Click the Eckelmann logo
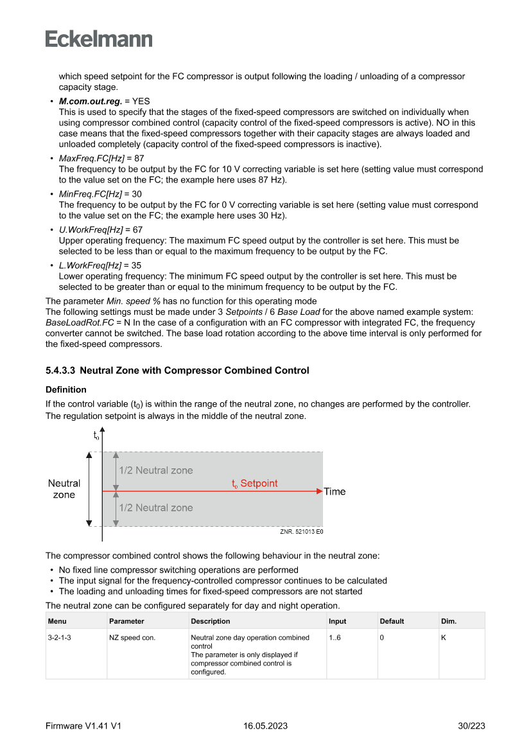pyautogui.click(x=99, y=39)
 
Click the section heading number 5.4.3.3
pyautogui.click(x=61, y=371)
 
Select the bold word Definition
pyautogui.click(x=65, y=390)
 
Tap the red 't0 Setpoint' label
pyautogui.click(x=255, y=484)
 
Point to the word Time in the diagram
pyautogui.click(x=335, y=491)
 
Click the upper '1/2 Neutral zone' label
pyautogui.click(x=156, y=470)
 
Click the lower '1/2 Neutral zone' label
pyautogui.click(x=156, y=508)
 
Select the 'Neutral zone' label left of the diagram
pyautogui.click(x=64, y=489)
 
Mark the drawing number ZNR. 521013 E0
pyautogui.click(x=301, y=532)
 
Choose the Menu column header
pyautogui.click(x=57, y=621)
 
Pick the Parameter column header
pyautogui.click(x=126, y=621)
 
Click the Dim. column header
pyautogui.click(x=449, y=621)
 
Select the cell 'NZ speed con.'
pyautogui.click(x=132, y=638)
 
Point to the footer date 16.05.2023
pyautogui.click(x=265, y=726)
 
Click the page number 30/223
pyautogui.click(x=471, y=726)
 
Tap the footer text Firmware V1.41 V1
pyautogui.click(x=83, y=726)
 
